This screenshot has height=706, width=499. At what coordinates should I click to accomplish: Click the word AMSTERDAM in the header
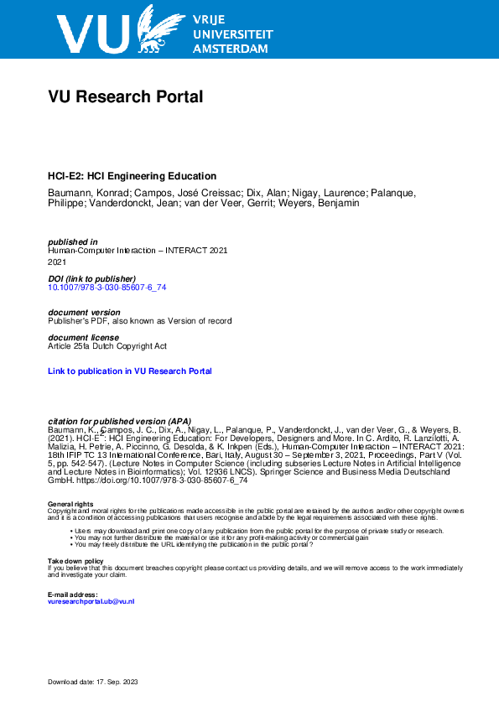(231, 49)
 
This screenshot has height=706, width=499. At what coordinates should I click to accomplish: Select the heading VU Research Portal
(126, 97)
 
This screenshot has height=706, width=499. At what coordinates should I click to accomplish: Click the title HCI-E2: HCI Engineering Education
(133, 176)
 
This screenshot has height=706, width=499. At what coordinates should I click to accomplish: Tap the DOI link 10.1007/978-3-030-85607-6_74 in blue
(101, 287)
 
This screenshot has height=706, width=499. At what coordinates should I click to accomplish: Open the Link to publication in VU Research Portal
(130, 371)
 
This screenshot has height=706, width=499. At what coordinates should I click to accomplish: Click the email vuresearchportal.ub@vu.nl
(91, 602)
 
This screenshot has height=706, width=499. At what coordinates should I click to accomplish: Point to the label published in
(73, 241)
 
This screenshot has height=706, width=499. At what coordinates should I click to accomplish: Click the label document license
(83, 337)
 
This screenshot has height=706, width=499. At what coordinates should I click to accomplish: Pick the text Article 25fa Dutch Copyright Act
(107, 345)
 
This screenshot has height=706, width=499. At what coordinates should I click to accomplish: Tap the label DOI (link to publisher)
(92, 278)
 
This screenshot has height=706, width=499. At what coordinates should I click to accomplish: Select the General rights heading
(71, 503)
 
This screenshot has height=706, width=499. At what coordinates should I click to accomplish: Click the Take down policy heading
(75, 560)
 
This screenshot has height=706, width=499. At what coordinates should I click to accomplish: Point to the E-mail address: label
(73, 594)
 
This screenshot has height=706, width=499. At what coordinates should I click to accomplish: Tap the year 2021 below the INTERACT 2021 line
(57, 262)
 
